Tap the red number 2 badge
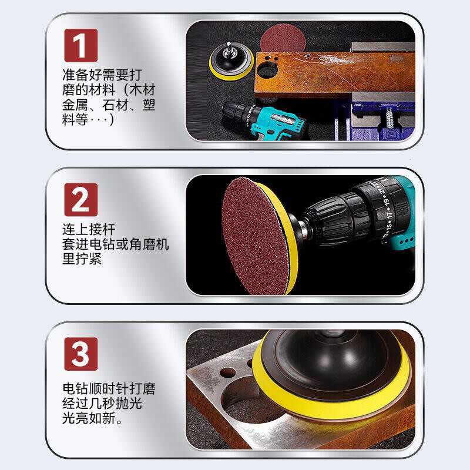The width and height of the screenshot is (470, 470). (80, 199)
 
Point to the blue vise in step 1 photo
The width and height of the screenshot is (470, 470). (370, 120)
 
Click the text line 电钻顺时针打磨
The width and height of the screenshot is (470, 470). (109, 390)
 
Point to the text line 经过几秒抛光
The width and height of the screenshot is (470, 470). (102, 405)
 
